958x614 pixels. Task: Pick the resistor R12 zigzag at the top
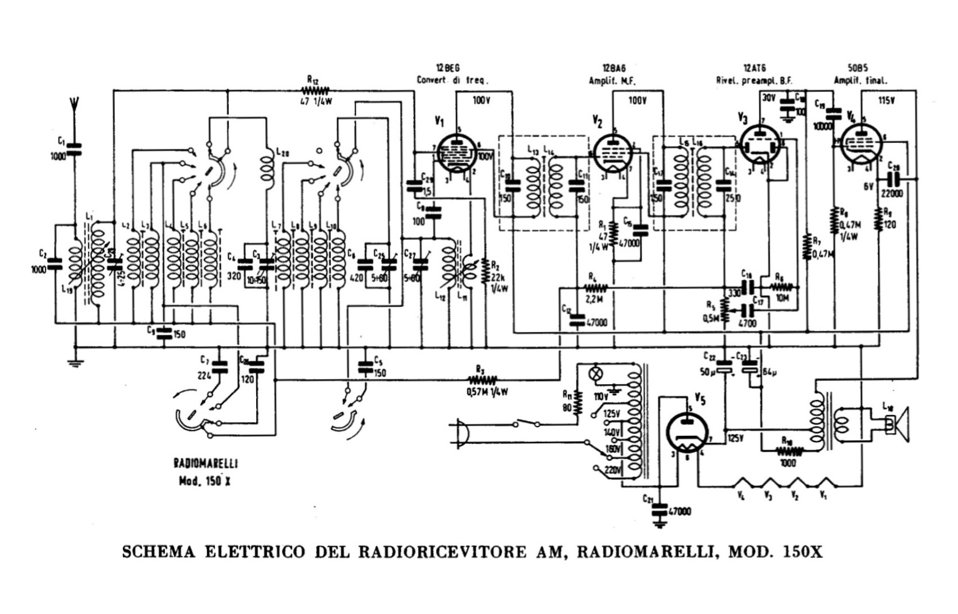[316, 90]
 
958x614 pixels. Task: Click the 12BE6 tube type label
[448, 68]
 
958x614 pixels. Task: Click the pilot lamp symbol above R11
[595, 372]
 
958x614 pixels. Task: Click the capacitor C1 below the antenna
[74, 148]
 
